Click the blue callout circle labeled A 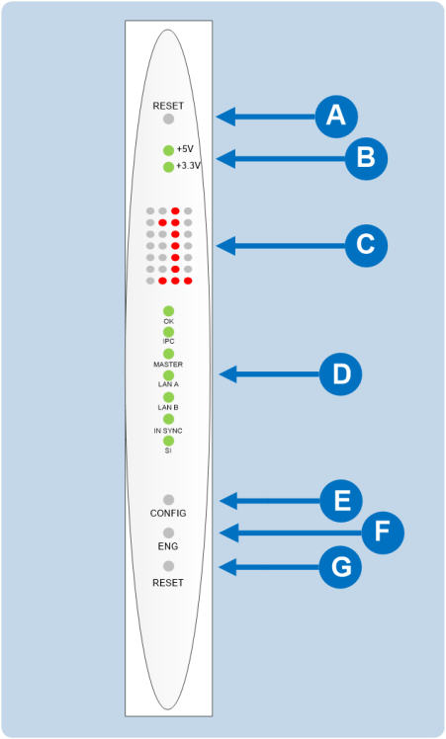click(335, 117)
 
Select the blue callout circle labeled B click(365, 157)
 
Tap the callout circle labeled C click(365, 244)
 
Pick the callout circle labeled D click(341, 374)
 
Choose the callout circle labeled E click(341, 501)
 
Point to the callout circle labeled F click(382, 534)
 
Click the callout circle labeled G click(341, 567)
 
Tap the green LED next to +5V click(169, 150)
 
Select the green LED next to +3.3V click(169, 167)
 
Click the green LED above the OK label click(169, 310)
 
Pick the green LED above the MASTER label click(169, 354)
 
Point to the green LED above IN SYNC click(169, 420)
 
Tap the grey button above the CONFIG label click(168, 500)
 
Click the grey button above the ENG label click(168, 533)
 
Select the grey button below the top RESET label click(168, 120)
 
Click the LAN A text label click(168, 386)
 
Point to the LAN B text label click(168, 408)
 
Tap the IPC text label click(168, 342)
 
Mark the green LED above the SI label click(169, 441)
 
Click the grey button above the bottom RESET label click(168, 566)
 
